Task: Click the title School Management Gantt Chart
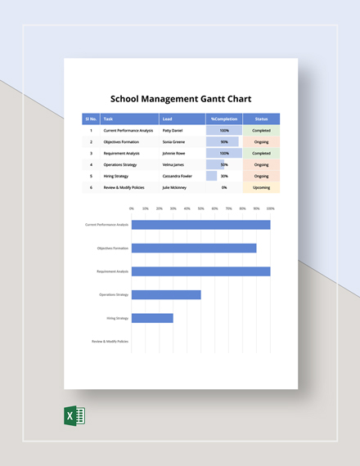click(180, 97)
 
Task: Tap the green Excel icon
click(74, 416)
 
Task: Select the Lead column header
click(167, 119)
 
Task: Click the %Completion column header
click(223, 119)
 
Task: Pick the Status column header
click(261, 119)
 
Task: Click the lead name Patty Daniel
click(173, 130)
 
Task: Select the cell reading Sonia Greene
click(174, 141)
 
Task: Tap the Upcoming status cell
click(261, 187)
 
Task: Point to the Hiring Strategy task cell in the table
click(116, 176)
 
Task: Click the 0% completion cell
click(223, 187)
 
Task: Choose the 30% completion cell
click(223, 176)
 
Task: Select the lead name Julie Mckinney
click(175, 187)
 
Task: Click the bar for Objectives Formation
click(194, 248)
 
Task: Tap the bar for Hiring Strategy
click(152, 318)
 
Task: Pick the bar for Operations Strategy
click(166, 294)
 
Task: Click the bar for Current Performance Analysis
click(200, 224)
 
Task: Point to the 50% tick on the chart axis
click(201, 208)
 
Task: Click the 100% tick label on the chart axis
click(270, 208)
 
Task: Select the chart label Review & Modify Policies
click(110, 341)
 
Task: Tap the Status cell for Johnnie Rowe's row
click(261, 153)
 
